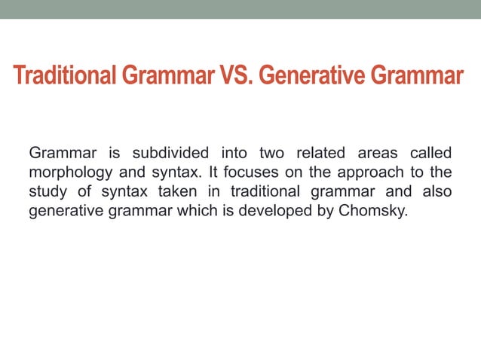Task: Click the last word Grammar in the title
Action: click(x=419, y=77)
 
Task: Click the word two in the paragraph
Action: click(x=271, y=154)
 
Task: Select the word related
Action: click(x=317, y=154)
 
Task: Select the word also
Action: click(x=437, y=192)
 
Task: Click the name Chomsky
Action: click(x=372, y=211)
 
